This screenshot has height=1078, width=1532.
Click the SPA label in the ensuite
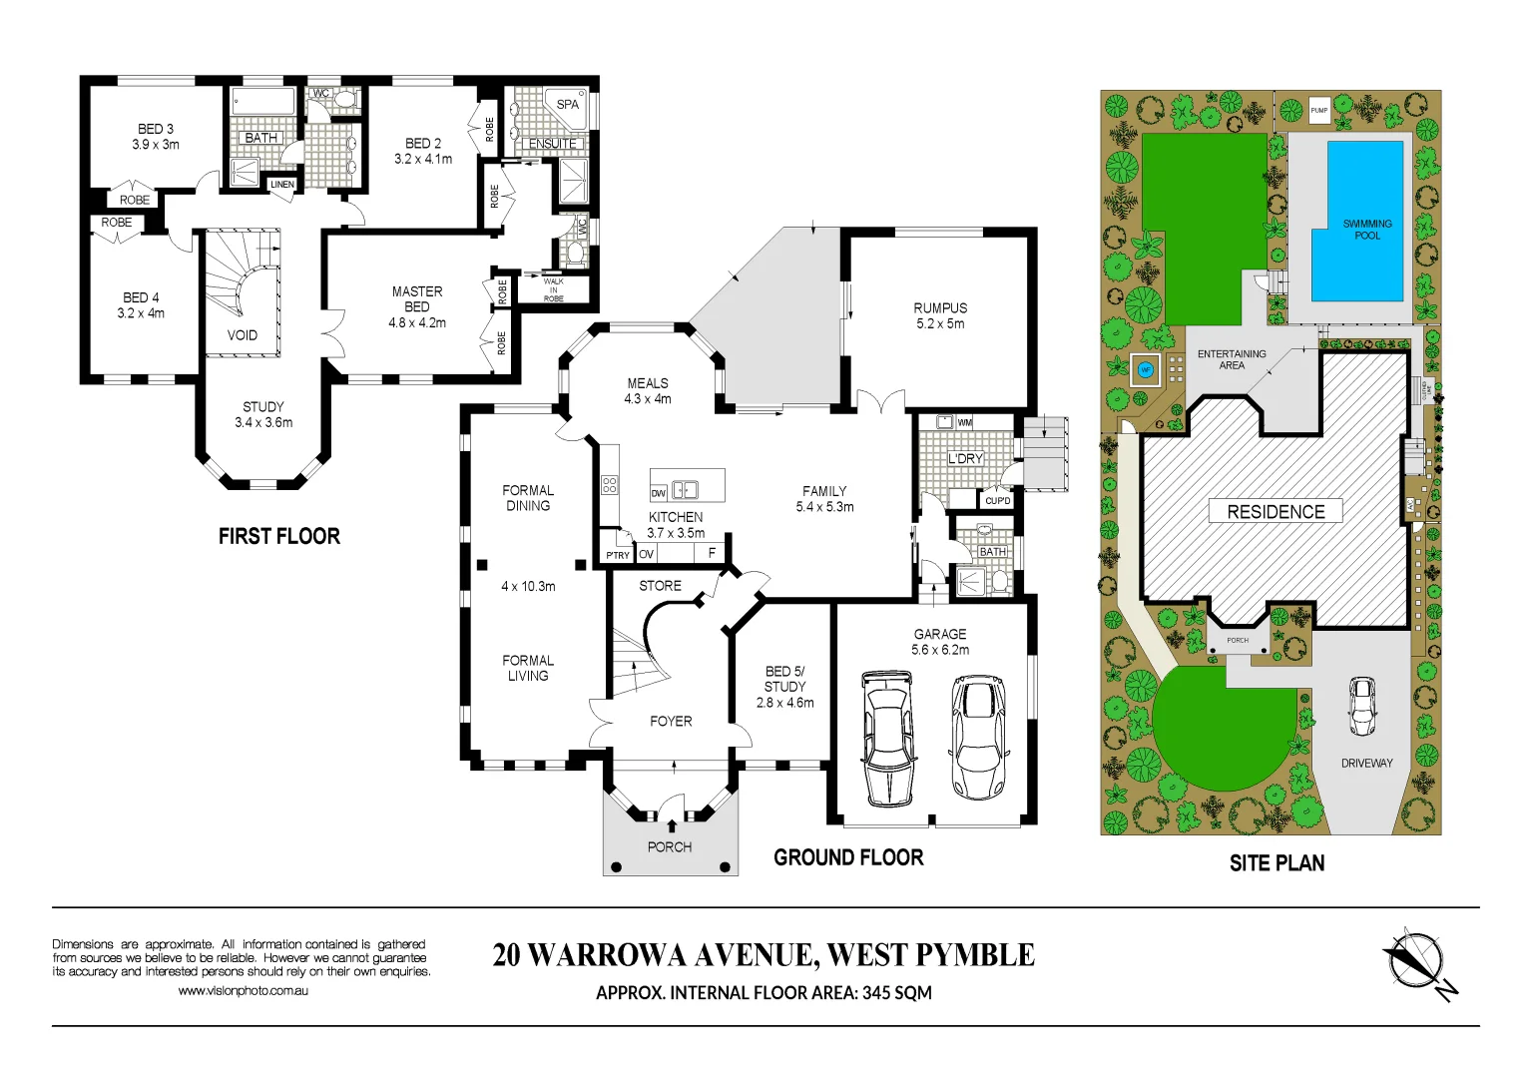(567, 104)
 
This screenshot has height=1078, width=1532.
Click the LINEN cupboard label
(282, 185)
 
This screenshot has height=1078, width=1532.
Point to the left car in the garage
(887, 737)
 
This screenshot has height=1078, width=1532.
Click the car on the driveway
(1362, 705)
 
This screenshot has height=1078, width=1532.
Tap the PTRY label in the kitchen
(618, 555)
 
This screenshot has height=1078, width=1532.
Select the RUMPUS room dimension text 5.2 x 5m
(940, 323)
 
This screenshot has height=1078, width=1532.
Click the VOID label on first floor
(243, 335)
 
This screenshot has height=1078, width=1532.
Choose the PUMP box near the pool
(1319, 111)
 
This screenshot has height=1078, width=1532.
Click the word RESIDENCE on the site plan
(1276, 512)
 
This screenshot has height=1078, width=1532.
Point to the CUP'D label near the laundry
(997, 501)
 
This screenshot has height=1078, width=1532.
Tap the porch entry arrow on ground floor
(672, 825)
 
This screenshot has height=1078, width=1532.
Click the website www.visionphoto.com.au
(243, 991)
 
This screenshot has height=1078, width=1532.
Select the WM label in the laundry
(964, 423)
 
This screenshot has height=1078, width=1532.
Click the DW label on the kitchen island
(658, 493)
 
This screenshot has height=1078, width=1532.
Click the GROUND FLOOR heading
(848, 857)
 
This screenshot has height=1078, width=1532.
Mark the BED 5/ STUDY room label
(784, 679)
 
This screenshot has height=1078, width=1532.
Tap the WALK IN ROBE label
(554, 290)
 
